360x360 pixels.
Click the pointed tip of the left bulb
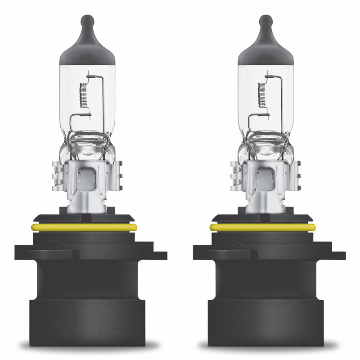[x=87, y=20]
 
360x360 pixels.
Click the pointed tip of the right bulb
[x=265, y=20]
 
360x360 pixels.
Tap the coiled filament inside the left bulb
[x=83, y=94]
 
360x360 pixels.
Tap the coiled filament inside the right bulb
[x=261, y=94]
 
